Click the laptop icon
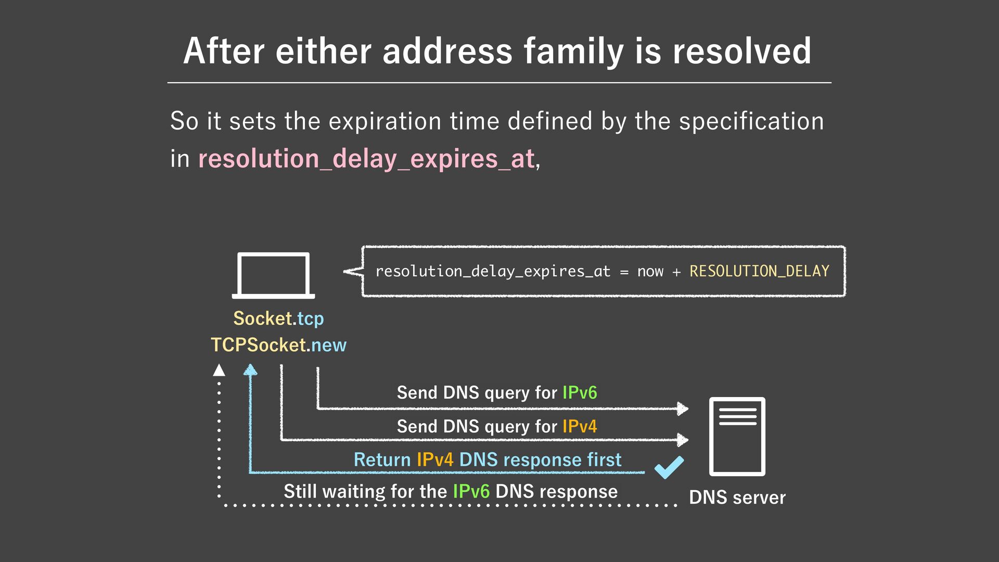(273, 275)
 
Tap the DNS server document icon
(737, 436)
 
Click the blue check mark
(669, 467)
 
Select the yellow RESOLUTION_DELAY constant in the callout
(759, 271)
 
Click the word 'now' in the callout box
(650, 271)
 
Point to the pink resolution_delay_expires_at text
(366, 159)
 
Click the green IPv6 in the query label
(580, 392)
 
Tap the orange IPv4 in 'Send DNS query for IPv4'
(580, 426)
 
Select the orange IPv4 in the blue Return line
(435, 459)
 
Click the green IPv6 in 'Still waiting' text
(471, 491)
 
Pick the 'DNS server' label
(737, 497)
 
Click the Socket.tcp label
(278, 318)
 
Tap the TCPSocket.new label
(278, 345)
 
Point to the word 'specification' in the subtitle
(751, 121)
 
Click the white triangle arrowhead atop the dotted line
(219, 370)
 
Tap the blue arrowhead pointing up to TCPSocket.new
(250, 369)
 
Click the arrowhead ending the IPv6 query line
(682, 408)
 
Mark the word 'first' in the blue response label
(604, 459)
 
